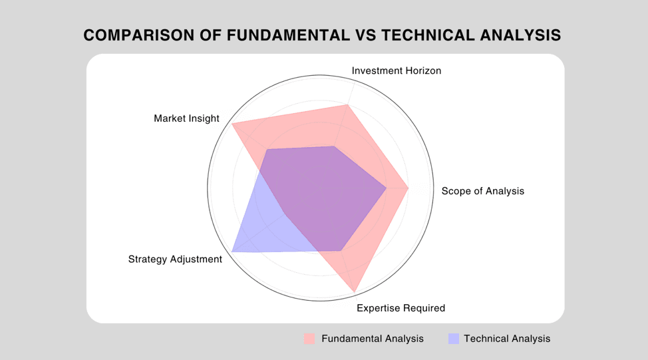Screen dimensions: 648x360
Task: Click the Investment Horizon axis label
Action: [x=397, y=71]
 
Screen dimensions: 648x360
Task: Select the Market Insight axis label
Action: [x=186, y=118]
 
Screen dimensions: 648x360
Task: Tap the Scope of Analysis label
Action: [x=483, y=191]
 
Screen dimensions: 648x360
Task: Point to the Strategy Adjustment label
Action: [x=175, y=259]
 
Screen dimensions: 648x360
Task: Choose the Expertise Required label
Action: [x=401, y=308]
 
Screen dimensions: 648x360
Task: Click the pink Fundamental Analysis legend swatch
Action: [x=309, y=339]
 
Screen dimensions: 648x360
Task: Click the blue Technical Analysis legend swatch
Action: [x=454, y=339]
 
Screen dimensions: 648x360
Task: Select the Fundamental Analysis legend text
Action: [x=373, y=339]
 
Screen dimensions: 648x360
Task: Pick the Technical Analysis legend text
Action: [x=507, y=339]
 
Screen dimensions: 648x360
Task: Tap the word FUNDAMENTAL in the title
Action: [x=289, y=35]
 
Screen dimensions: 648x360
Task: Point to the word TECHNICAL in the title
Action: [x=428, y=35]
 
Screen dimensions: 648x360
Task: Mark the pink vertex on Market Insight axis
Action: [x=232, y=124]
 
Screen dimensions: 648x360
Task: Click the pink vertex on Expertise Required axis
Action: [x=355, y=292]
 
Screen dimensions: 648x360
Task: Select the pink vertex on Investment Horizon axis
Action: [x=347, y=105]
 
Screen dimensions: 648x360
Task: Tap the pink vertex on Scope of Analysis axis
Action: [x=408, y=188]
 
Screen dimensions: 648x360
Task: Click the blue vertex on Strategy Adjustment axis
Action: [x=232, y=252]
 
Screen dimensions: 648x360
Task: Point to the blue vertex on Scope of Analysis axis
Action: [x=387, y=188]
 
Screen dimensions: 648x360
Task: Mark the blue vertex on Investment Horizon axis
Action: [x=334, y=146]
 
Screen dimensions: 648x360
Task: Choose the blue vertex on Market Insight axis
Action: [x=267, y=150]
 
